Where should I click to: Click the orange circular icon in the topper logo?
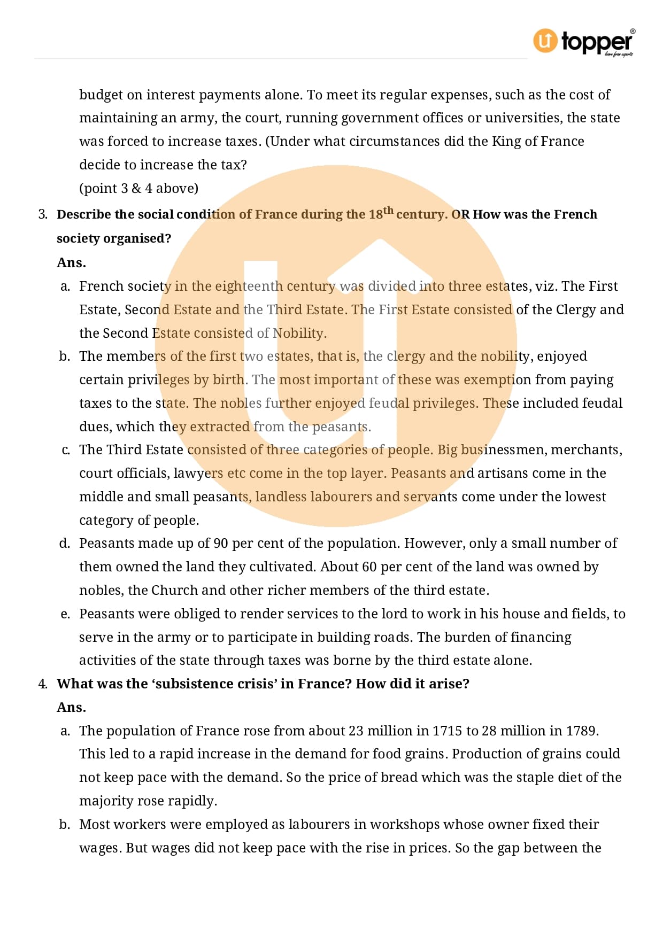pos(545,41)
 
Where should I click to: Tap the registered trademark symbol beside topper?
pos(633,32)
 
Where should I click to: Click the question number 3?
pos(42,214)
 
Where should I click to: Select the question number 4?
pos(42,684)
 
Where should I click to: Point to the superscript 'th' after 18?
pos(388,210)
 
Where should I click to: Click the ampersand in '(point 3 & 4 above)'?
pos(136,188)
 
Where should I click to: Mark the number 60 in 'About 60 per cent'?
pos(369,567)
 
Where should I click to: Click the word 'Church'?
pos(175,590)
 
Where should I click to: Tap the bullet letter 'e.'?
pos(65,614)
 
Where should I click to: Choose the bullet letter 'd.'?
pos(65,543)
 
